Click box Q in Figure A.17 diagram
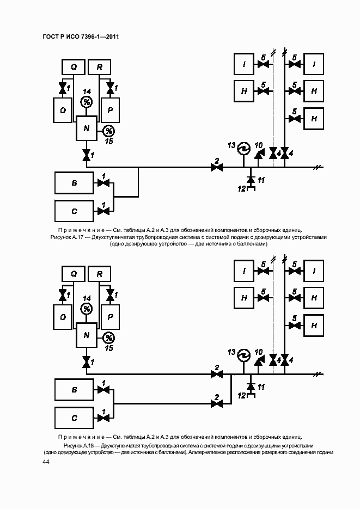(x=74, y=67)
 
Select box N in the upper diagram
(x=86, y=128)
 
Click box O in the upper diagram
(x=63, y=111)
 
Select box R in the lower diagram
(x=99, y=274)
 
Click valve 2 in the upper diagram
(x=217, y=168)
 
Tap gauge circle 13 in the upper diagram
(x=242, y=147)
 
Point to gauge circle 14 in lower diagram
(x=86, y=309)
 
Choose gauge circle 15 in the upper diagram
(x=108, y=131)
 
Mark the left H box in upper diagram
(x=244, y=91)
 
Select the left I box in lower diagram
(x=244, y=271)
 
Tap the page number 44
(x=46, y=462)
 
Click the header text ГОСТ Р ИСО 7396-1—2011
(x=80, y=36)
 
